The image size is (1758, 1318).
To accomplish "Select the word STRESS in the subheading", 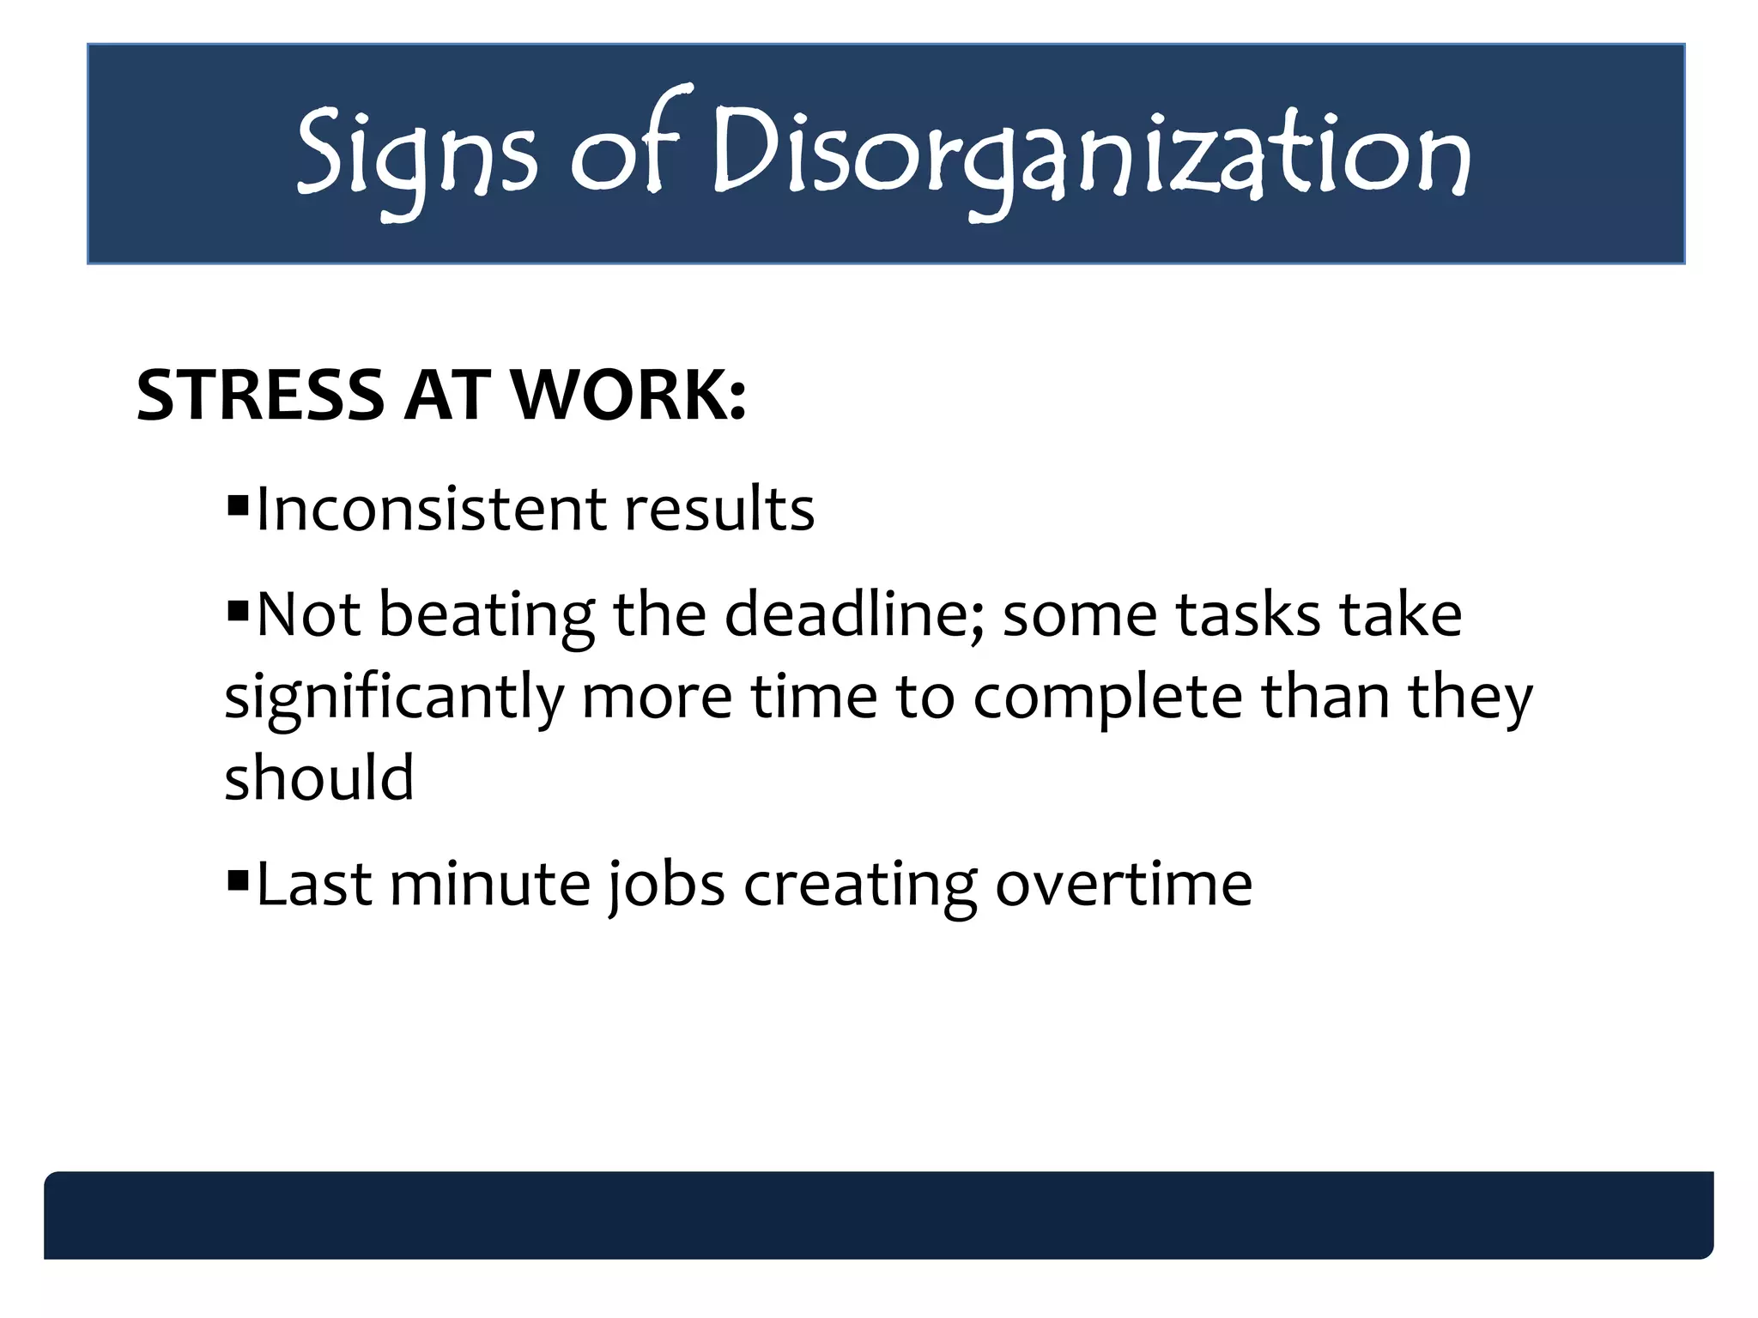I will coord(260,396).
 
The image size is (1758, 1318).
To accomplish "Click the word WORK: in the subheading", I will coord(628,396).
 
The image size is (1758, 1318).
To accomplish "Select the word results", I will coord(719,509).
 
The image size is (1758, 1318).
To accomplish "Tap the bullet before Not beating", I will coord(237,611).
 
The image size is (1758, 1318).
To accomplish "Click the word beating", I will coord(487,616).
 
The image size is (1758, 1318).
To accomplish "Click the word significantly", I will coord(393,698).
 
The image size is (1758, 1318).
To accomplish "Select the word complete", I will coord(1107,698).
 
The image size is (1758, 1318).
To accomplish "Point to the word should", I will coord(319,777).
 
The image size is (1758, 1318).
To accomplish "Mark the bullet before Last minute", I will coord(237,879).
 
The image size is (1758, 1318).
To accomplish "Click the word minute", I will coord(490,884).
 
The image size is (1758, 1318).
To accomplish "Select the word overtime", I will coord(1124,884).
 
